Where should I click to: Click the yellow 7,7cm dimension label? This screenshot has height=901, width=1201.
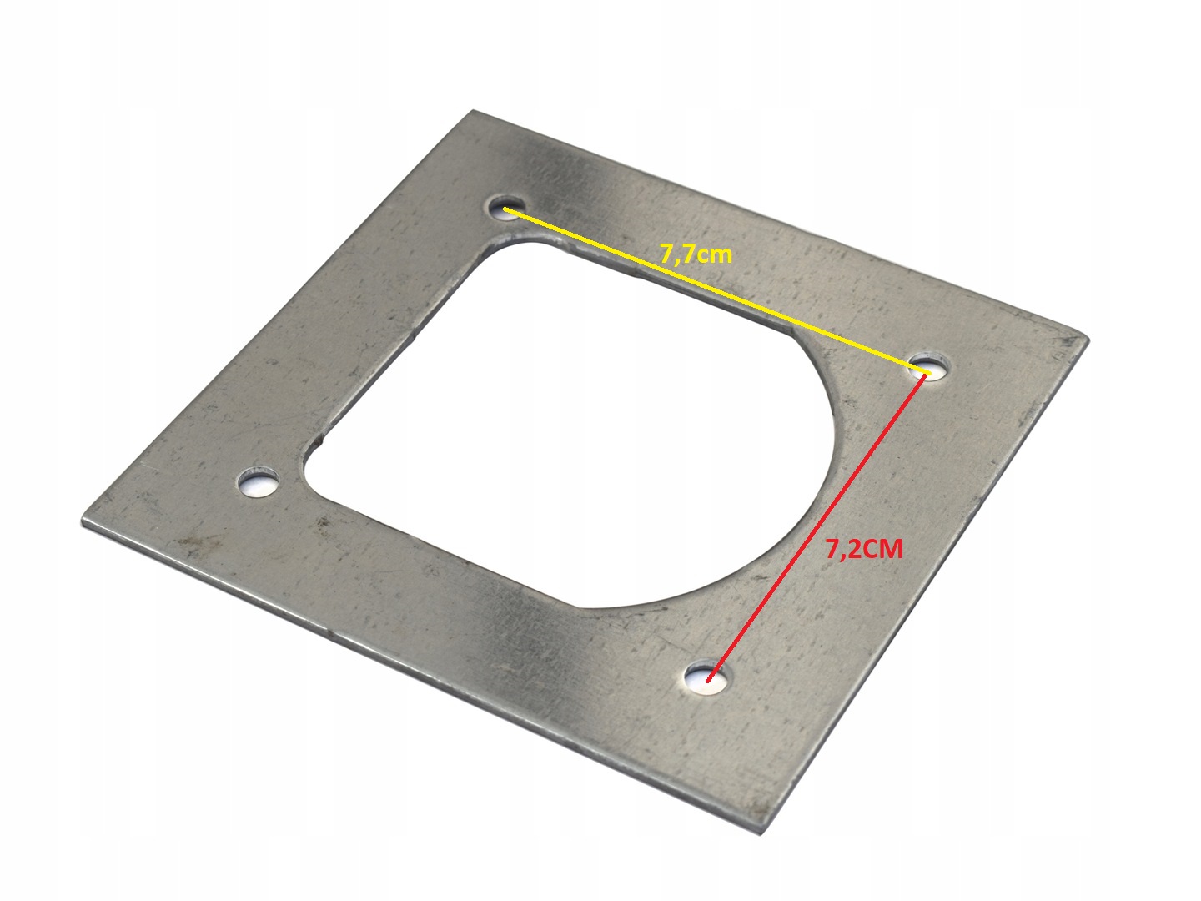coord(696,255)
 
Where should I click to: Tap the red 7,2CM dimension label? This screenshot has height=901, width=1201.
coord(864,549)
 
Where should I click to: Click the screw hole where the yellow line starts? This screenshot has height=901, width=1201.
coord(506,209)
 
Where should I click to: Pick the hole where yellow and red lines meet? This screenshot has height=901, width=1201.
coord(928,368)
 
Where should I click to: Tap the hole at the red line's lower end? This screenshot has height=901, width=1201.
coord(706,678)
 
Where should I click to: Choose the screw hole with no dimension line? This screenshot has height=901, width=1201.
coord(259,482)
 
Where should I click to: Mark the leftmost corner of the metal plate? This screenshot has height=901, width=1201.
coord(82,520)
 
